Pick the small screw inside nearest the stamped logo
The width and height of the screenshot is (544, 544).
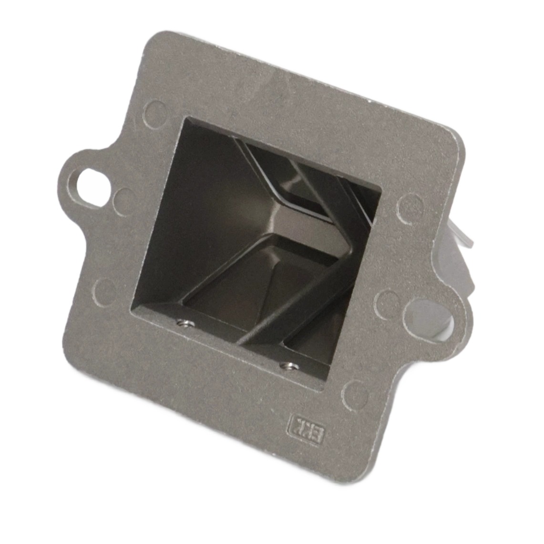click(287, 366)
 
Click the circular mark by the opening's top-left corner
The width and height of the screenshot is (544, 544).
click(157, 112)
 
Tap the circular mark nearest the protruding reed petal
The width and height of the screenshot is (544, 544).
click(409, 208)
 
